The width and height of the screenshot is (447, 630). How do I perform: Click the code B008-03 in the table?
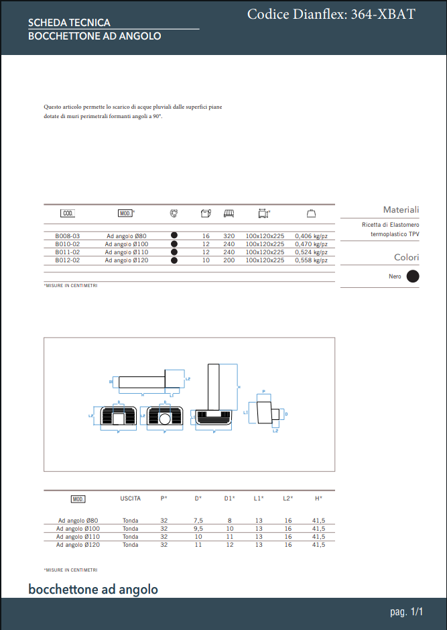[67, 236]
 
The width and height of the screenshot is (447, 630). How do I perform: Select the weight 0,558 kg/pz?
[311, 260]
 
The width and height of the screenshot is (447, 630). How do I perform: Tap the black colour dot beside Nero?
[413, 276]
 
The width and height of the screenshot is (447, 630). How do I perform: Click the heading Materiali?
[401, 210]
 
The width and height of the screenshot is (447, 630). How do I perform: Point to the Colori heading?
[406, 258]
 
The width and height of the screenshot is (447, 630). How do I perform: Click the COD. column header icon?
[68, 213]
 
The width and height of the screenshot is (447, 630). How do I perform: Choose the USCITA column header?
[130, 498]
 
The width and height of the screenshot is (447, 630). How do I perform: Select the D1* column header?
[229, 498]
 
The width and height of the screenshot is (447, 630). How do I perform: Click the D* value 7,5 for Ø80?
[198, 521]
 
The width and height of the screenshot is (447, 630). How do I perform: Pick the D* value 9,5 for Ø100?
[198, 529]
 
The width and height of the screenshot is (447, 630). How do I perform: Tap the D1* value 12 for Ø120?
[229, 545]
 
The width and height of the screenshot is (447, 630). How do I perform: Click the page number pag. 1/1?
[407, 612]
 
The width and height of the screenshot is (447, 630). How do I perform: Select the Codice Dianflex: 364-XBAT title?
[331, 14]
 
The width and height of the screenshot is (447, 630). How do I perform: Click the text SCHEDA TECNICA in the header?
[69, 23]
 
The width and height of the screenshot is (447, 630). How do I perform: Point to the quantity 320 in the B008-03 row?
[229, 236]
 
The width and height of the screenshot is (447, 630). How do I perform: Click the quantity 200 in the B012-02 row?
[229, 260]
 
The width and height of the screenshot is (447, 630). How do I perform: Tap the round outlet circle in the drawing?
[165, 420]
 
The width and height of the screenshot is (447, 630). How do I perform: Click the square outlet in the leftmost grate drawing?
[119, 419]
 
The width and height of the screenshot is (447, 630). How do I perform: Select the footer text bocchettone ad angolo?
[93, 590]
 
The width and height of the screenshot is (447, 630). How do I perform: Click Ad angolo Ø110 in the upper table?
[127, 252]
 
